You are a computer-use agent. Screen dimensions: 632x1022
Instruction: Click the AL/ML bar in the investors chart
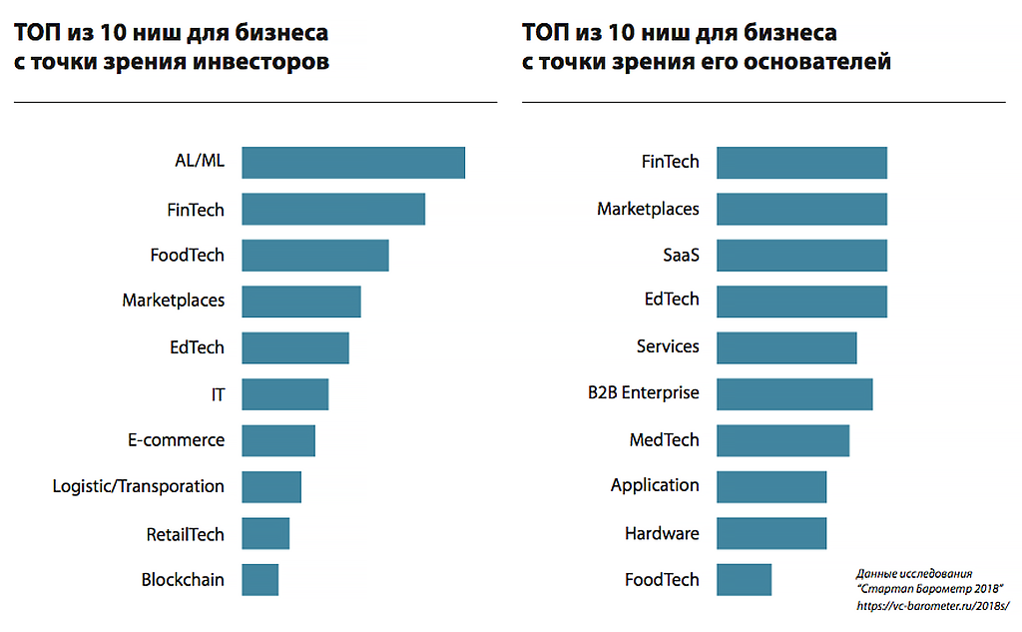(x=353, y=163)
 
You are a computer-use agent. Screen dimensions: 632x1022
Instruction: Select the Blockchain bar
(x=260, y=579)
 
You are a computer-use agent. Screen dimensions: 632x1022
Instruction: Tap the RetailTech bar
(x=265, y=533)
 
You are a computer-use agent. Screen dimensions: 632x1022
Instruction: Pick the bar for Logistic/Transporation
(x=271, y=486)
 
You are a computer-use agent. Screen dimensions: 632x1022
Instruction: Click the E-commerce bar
(x=278, y=440)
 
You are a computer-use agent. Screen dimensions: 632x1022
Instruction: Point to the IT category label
(x=218, y=394)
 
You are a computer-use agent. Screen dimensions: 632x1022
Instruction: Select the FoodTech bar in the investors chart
(x=315, y=256)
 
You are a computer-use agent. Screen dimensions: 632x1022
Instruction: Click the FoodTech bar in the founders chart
(x=744, y=579)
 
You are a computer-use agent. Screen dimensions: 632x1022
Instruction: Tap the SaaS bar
(x=801, y=255)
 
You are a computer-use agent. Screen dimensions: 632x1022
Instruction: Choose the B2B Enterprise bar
(x=794, y=393)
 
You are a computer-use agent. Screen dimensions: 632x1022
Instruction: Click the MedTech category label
(x=664, y=440)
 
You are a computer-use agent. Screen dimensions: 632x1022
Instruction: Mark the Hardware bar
(x=771, y=533)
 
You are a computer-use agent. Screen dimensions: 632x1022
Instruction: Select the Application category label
(x=655, y=485)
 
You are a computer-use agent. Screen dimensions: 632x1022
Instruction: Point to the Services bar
(x=786, y=346)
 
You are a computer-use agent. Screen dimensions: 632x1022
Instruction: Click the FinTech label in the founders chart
(x=670, y=162)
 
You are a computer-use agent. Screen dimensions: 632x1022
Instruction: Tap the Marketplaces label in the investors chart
(x=173, y=300)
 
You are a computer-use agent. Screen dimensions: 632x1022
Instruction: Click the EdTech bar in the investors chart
(x=295, y=347)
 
